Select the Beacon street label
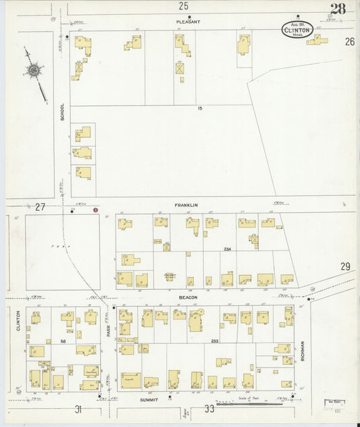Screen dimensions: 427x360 coord(188,297)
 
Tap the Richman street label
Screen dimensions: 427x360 coord(303,350)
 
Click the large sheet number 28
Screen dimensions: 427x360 coord(338,9)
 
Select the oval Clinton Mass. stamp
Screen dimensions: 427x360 coord(297,30)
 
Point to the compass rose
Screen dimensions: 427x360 coord(34,70)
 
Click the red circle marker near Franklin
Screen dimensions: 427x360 coord(95,210)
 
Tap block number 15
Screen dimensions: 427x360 coord(199,108)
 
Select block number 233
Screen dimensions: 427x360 coord(216,341)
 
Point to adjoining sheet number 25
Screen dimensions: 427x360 coord(183,6)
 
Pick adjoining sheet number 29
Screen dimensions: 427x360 coord(345,268)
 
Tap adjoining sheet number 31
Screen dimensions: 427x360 coord(78,409)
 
